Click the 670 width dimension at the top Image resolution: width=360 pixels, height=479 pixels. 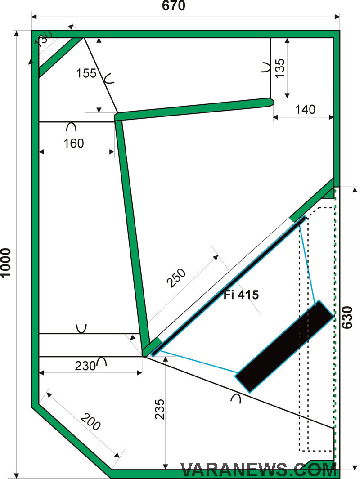173,6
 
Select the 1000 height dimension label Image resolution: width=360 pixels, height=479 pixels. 6,263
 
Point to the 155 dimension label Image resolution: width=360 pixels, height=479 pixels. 86,73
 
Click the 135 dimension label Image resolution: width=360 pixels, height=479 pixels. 279,68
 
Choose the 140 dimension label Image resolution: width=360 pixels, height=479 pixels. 305,109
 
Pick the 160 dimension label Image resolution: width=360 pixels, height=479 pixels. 74,143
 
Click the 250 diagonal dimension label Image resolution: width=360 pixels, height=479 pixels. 176,278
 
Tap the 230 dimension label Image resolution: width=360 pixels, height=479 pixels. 85,366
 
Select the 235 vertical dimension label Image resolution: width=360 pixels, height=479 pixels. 160,409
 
